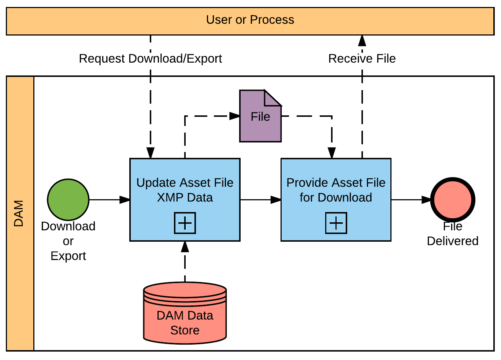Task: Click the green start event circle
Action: (x=68, y=200)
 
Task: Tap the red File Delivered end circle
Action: (x=453, y=200)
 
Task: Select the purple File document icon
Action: (x=260, y=121)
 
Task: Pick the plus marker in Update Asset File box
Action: (x=185, y=223)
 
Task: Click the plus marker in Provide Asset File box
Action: (x=336, y=223)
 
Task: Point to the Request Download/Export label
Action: (x=150, y=59)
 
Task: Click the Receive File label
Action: (x=362, y=59)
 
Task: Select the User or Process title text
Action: (x=250, y=20)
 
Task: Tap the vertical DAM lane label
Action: (x=19, y=213)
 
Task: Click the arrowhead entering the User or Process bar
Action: (x=362, y=40)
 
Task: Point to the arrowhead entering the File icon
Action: (x=235, y=116)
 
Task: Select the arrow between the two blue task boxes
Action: (x=260, y=200)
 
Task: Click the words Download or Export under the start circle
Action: (x=68, y=241)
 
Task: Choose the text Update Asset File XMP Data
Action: (x=185, y=190)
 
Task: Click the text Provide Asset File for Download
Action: (x=336, y=190)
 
